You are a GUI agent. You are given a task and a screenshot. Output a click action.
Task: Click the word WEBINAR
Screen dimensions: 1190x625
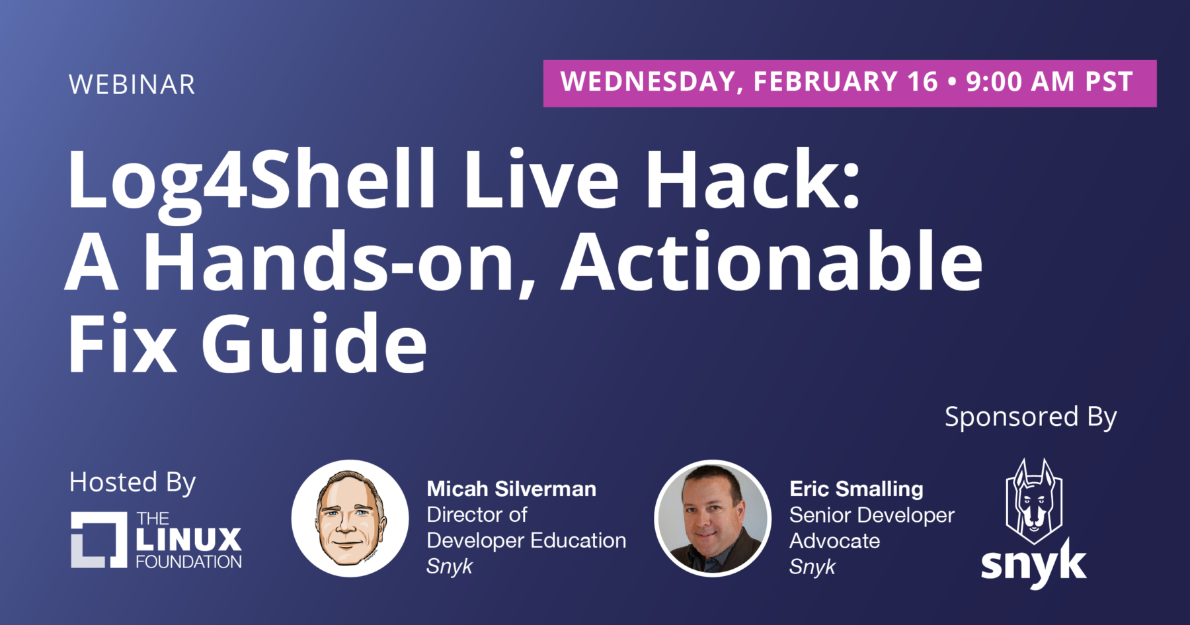pyautogui.click(x=132, y=85)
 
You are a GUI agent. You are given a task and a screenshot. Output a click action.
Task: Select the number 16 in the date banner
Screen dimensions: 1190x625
pyautogui.click(x=922, y=82)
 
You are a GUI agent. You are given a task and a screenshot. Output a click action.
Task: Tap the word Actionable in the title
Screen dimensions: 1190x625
pyautogui.click(x=772, y=261)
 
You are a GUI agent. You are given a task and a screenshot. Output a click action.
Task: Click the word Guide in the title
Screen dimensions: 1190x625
pyautogui.click(x=314, y=343)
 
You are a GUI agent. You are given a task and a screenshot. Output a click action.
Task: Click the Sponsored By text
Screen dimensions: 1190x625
pyautogui.click(x=1031, y=417)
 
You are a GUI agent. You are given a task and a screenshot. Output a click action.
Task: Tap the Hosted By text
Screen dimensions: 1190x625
pyautogui.click(x=132, y=483)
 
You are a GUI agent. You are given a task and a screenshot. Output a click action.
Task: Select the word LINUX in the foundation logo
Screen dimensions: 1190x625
pyautogui.click(x=189, y=540)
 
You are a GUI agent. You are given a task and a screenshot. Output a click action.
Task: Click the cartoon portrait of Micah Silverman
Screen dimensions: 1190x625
pyautogui.click(x=350, y=519)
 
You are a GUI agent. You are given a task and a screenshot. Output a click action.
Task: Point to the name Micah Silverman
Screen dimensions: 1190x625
pyautogui.click(x=511, y=489)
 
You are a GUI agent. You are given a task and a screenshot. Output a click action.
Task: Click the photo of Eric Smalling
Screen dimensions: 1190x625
pyautogui.click(x=713, y=519)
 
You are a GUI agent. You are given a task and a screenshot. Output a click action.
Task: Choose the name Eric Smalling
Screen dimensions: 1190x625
pyautogui.click(x=856, y=489)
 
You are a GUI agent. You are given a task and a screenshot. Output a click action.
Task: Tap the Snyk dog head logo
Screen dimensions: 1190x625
pyautogui.click(x=1034, y=501)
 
